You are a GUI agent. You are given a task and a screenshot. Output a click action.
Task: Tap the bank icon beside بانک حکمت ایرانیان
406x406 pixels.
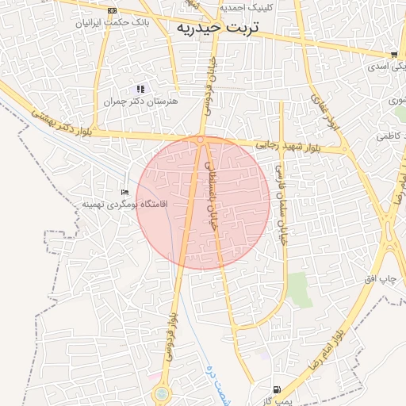tap(112, 10)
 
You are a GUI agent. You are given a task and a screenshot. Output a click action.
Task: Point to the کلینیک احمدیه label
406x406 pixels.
tap(247, 6)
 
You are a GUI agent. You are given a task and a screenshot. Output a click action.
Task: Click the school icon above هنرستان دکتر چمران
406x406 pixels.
tap(140, 89)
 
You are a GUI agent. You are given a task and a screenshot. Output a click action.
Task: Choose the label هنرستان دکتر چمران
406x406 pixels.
tap(141, 101)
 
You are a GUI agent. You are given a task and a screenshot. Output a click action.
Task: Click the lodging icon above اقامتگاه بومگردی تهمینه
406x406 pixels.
tap(124, 193)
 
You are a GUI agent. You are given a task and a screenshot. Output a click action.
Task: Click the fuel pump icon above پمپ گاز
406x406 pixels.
tap(275, 389)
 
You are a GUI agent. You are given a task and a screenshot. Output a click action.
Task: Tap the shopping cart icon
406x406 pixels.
tap(393, 55)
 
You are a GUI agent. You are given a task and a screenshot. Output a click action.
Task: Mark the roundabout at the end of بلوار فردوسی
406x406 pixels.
tap(162, 393)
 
